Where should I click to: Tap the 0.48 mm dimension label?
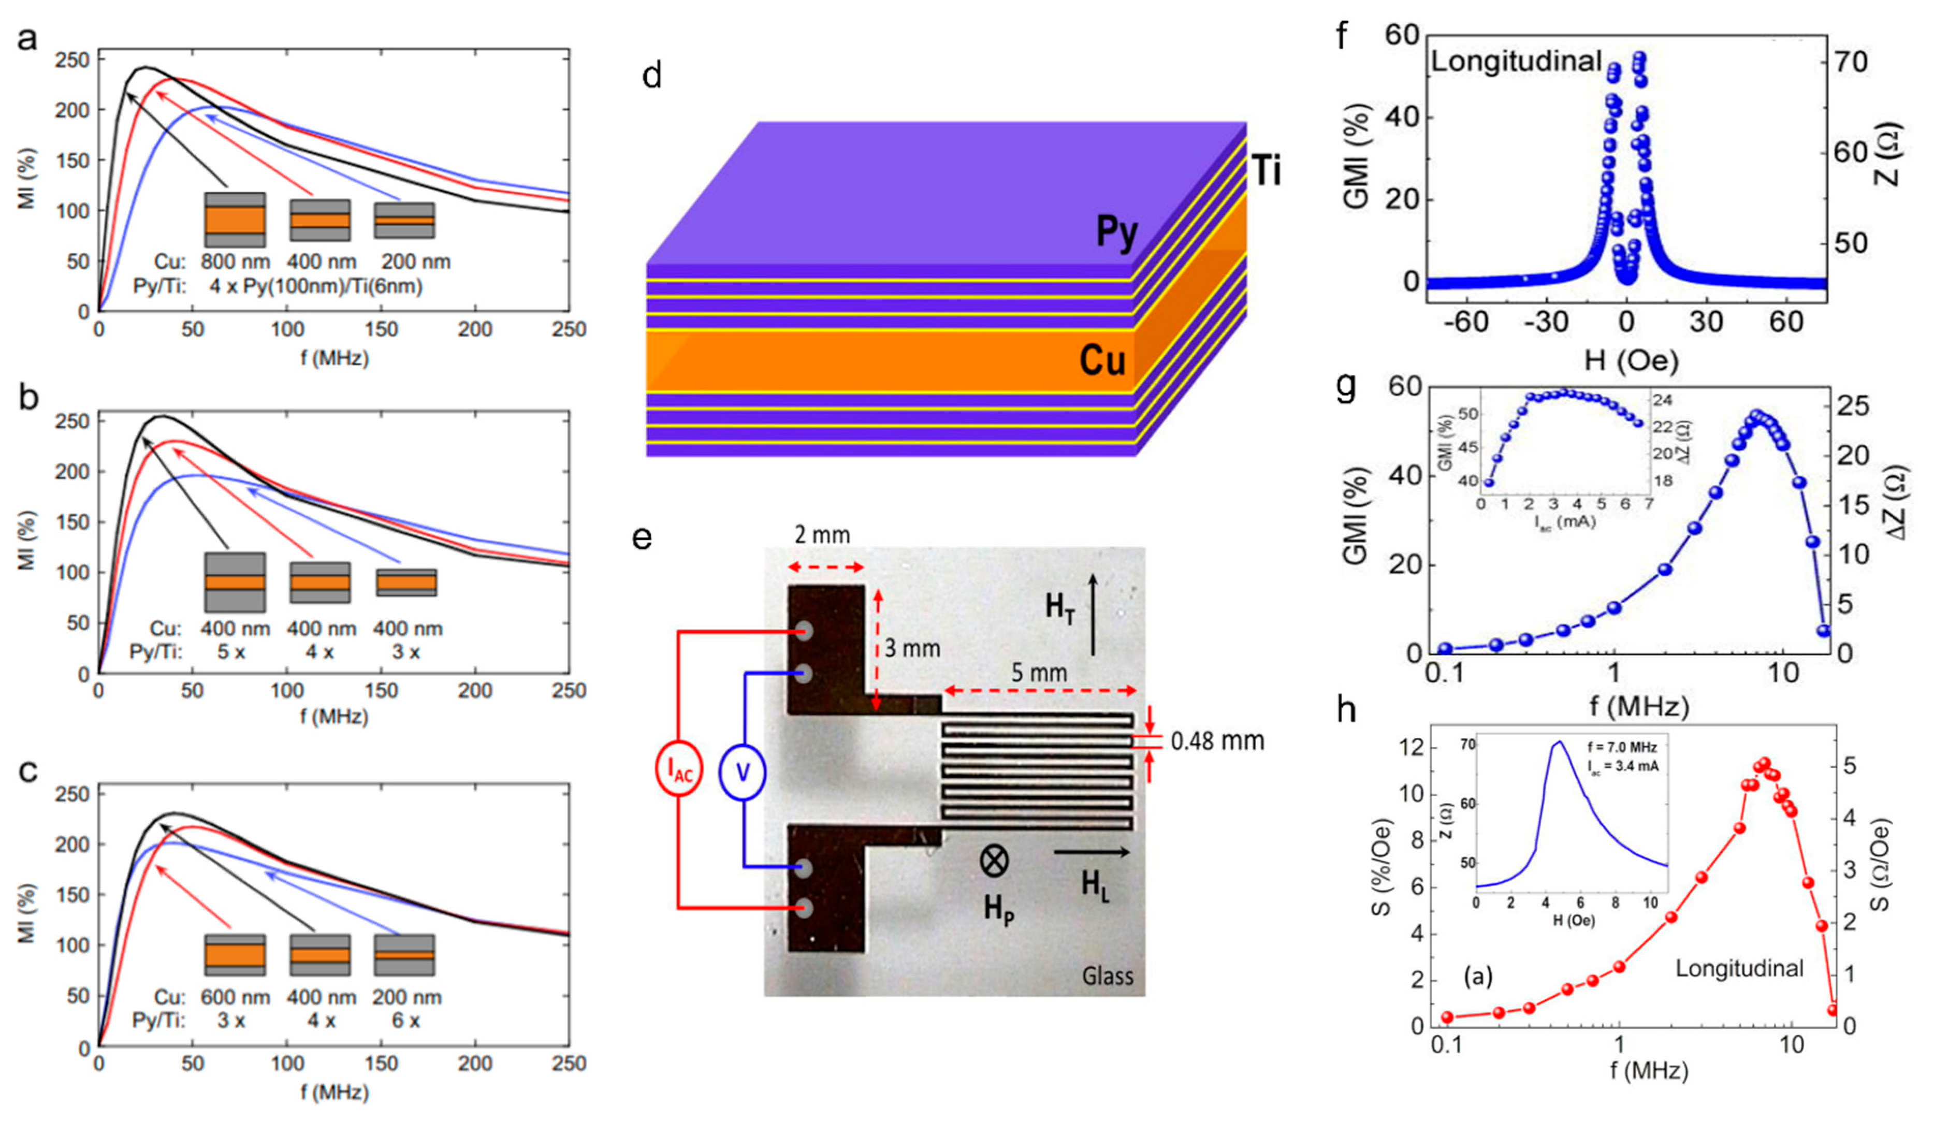1217,740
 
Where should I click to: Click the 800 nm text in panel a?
236,261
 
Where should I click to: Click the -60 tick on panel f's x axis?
1465,322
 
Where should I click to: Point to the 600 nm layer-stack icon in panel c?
235,954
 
